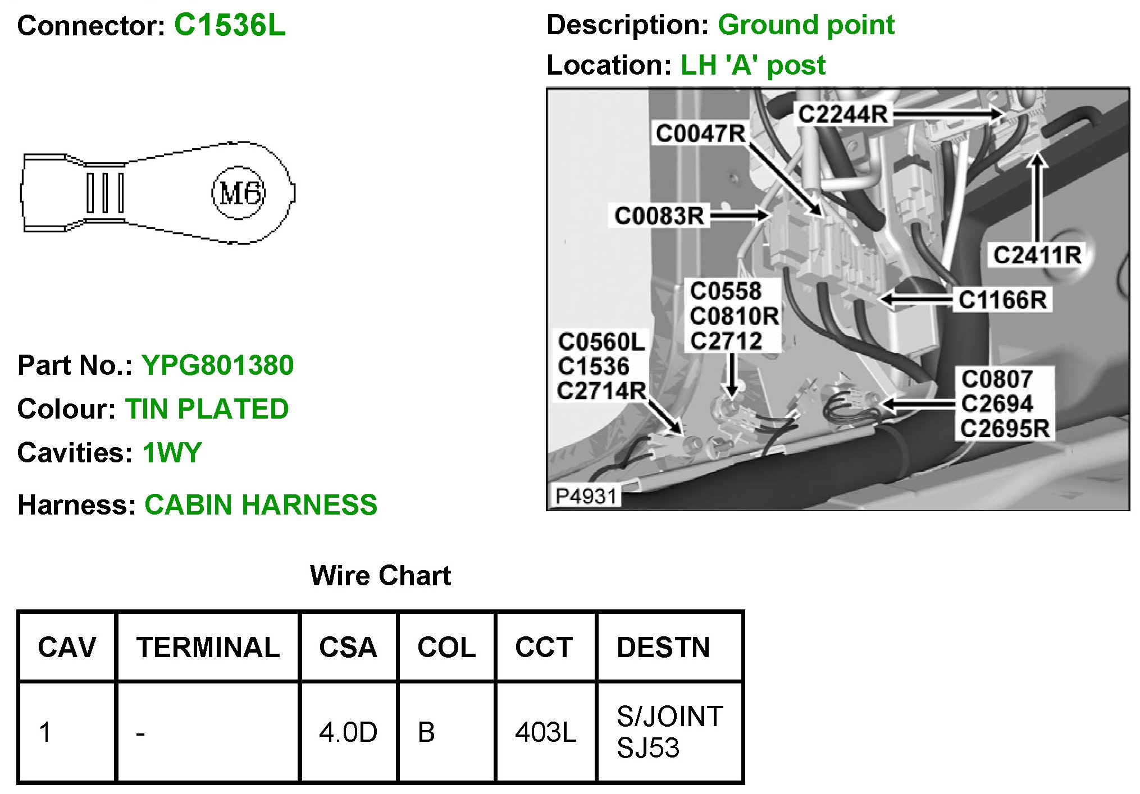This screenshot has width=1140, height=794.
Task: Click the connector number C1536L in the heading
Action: tap(229, 26)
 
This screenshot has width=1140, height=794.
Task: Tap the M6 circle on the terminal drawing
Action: tap(239, 193)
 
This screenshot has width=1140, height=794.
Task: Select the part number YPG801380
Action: tap(217, 365)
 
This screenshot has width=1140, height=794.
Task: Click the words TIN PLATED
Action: tap(207, 409)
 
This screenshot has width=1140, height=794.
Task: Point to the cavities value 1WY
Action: tap(172, 453)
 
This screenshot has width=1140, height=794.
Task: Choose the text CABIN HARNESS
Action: tap(261, 505)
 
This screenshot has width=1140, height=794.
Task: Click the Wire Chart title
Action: tap(380, 576)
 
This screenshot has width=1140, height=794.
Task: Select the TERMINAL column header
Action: tap(208, 648)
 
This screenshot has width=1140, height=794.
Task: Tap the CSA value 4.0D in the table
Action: tap(348, 732)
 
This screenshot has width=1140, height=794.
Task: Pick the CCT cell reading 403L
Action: tap(545, 732)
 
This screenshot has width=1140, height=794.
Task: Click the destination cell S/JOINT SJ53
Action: tap(669, 732)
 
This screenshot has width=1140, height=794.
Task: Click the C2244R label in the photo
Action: tap(842, 114)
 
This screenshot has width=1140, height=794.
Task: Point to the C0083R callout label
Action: tap(659, 215)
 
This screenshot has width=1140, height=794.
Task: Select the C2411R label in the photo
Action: tap(1037, 255)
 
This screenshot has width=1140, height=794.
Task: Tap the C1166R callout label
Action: tap(1002, 300)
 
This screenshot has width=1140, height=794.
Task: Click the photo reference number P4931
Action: tap(586, 496)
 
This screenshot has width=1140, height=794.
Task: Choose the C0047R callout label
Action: tap(700, 134)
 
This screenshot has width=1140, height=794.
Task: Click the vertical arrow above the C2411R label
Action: tap(1037, 196)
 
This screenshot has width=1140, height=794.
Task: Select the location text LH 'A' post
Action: tap(753, 66)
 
